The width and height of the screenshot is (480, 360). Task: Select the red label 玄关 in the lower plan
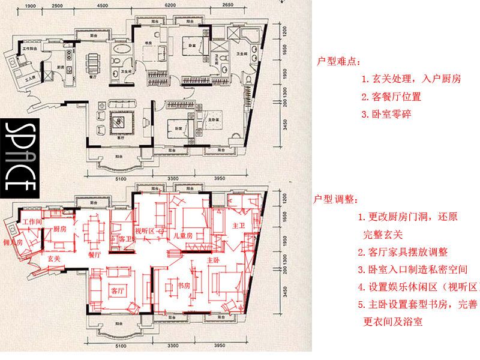pyautogui.click(x=54, y=259)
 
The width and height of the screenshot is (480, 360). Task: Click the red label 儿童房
pyautogui.click(x=181, y=236)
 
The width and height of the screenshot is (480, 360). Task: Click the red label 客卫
pyautogui.click(x=125, y=239)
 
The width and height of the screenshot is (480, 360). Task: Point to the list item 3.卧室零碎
pyautogui.click(x=386, y=113)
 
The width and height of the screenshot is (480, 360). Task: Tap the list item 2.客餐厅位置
pyautogui.click(x=391, y=96)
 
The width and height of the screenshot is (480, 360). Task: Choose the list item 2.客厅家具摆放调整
pyautogui.click(x=403, y=253)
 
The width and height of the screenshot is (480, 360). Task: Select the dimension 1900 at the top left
pyautogui.click(x=32, y=6)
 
